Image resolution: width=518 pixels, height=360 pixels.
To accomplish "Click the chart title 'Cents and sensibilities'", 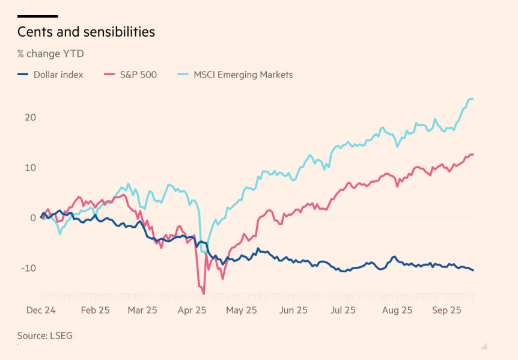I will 86,32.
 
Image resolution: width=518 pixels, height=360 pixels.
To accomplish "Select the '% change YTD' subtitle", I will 50,53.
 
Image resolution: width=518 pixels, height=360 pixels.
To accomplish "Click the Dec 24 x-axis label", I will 41,310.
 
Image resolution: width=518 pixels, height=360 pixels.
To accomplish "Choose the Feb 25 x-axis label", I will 96,310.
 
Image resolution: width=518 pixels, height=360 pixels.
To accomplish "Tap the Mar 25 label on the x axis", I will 142,310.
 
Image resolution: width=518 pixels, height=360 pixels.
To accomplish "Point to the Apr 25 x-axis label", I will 192,310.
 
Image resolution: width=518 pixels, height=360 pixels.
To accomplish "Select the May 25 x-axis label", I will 242,310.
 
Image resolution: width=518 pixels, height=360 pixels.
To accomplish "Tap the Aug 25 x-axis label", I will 397,310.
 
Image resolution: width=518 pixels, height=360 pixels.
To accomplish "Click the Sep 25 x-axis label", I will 446,310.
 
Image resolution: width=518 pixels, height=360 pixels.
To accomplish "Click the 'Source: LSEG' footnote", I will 45,336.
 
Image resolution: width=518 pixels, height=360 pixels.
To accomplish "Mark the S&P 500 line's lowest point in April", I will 204,294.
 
